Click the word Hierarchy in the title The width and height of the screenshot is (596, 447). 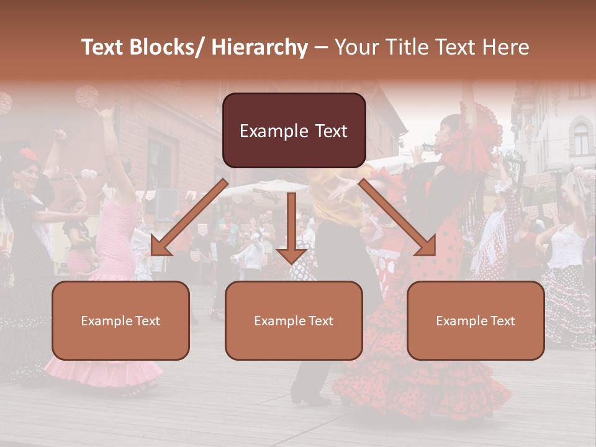260,47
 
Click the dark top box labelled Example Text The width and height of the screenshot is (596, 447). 294,131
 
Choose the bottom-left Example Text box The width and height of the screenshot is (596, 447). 120,320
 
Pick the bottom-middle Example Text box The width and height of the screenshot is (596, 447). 294,320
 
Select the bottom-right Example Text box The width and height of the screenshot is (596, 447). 476,320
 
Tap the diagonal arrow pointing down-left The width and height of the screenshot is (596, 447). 186,220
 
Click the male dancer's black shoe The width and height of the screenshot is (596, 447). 304,397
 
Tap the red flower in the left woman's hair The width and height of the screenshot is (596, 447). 27,154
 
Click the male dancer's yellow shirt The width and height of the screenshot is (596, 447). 335,199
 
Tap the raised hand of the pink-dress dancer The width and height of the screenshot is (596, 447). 104,113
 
